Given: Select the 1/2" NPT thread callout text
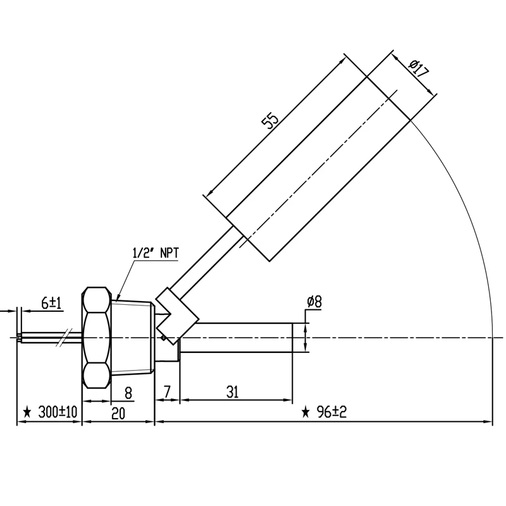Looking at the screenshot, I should pos(156,253).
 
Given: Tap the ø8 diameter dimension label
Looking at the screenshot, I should pos(314,302).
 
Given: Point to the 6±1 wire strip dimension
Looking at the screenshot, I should pos(51,304).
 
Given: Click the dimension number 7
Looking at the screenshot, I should pos(167,392).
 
